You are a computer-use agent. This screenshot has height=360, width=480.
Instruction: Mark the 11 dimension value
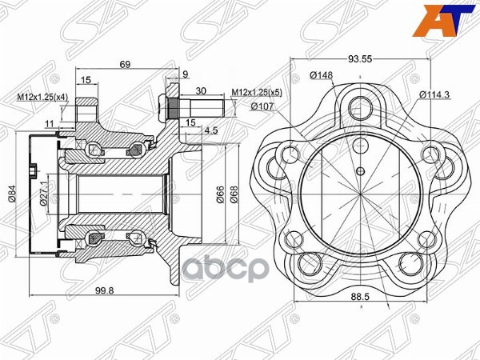coord(49,124)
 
